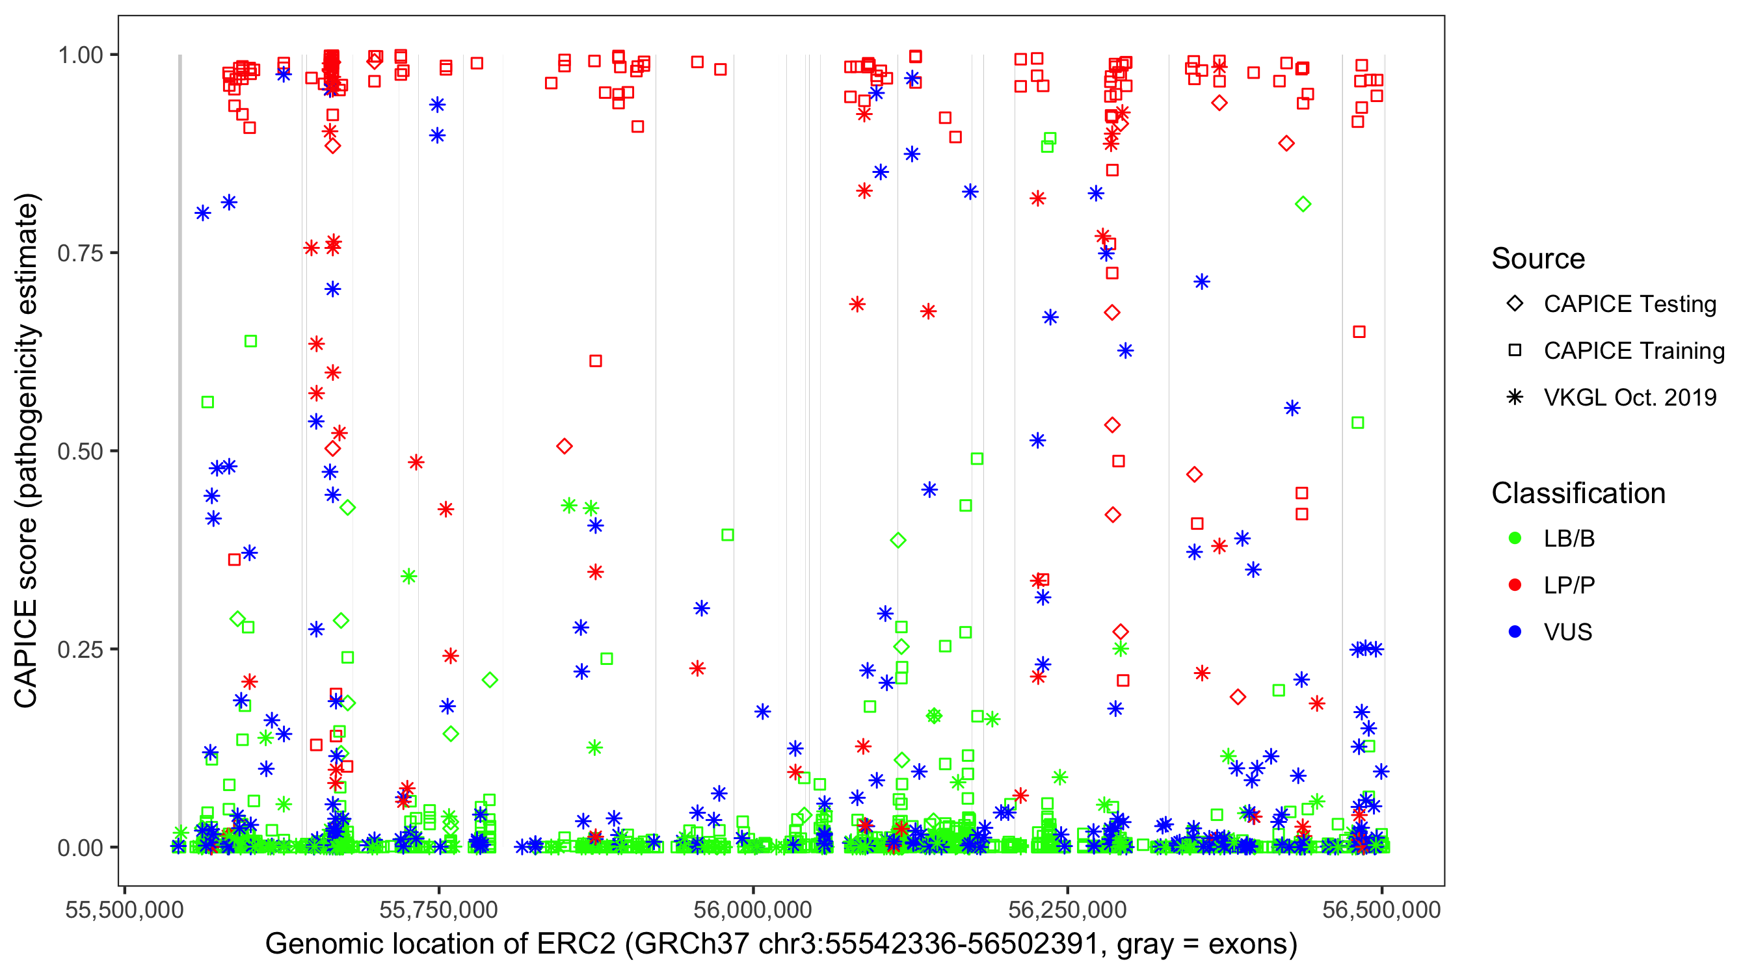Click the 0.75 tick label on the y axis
click(x=79, y=253)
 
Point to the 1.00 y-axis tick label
click(x=79, y=55)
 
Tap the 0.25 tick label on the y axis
click(x=79, y=649)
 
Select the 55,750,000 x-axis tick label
click(x=438, y=910)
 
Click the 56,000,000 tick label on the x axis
click(x=752, y=910)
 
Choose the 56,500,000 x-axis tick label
click(x=1382, y=910)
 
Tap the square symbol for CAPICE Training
click(x=1515, y=351)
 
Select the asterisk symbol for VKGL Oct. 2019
click(x=1515, y=397)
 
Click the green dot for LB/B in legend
click(x=1515, y=539)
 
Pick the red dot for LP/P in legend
click(x=1515, y=585)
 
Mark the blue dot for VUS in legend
click(x=1515, y=632)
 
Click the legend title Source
click(x=1538, y=259)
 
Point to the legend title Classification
click(x=1578, y=493)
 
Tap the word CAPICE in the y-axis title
click(x=26, y=654)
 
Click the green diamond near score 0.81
click(x=1303, y=204)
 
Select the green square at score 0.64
click(x=250, y=341)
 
